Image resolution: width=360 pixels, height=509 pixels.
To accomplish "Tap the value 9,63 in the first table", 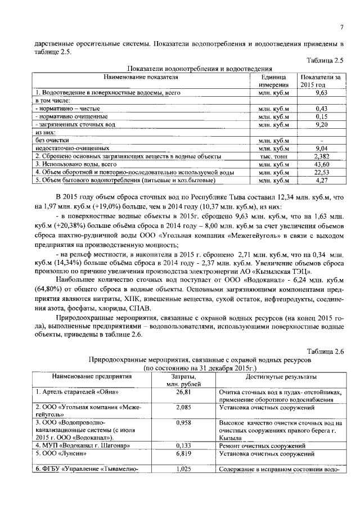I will pyautogui.click(x=321, y=92).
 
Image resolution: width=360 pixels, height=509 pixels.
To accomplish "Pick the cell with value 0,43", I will pyautogui.click(x=321, y=108).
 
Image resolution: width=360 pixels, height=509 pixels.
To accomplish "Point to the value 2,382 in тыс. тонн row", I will pyautogui.click(x=321, y=156).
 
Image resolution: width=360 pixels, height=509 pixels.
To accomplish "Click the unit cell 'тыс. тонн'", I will pyautogui.click(x=273, y=156).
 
